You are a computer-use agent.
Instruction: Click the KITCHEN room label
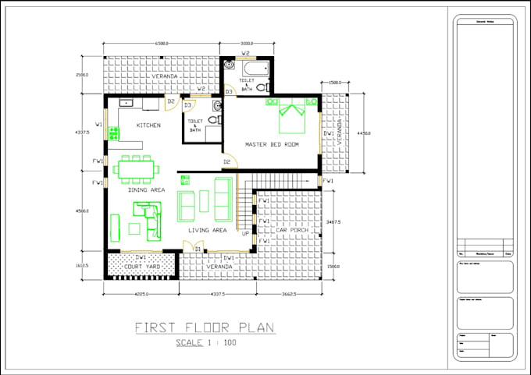148,125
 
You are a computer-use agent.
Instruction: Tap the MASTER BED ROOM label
271,144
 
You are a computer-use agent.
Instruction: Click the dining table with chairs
136,168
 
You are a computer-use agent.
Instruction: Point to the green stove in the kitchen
113,133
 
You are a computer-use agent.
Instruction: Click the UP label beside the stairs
245,233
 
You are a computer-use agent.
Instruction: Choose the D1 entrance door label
198,249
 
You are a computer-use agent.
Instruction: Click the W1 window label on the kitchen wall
98,124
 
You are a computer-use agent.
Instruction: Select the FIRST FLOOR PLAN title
204,327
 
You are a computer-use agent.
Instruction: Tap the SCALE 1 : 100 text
205,342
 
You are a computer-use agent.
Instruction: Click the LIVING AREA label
207,230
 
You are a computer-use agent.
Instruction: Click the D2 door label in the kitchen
170,101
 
